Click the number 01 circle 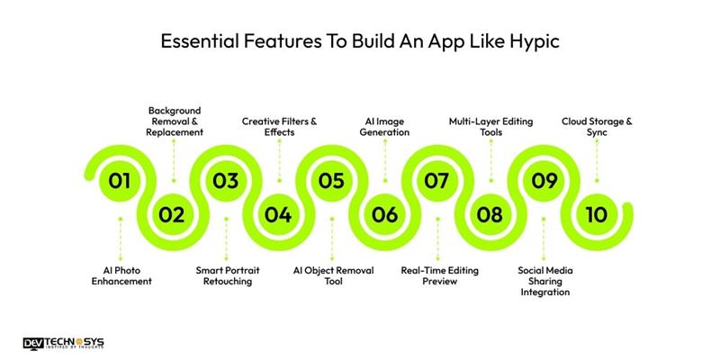120,181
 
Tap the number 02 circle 172,214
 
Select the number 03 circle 225,181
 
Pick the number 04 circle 278,214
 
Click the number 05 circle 331,181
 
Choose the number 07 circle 436,181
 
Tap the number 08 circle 490,214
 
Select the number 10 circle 596,214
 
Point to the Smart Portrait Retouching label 225,274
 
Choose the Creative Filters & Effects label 279,126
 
